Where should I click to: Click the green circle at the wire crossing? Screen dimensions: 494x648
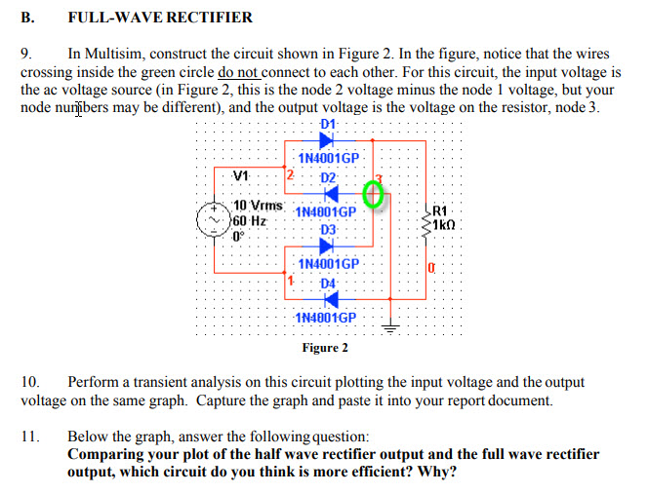click(x=372, y=195)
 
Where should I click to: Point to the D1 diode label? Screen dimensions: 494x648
click(x=327, y=124)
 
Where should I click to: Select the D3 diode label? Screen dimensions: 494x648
click(x=327, y=229)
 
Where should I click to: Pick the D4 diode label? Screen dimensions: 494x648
click(x=327, y=283)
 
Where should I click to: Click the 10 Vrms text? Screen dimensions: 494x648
click(x=259, y=207)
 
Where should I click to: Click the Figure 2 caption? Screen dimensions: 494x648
click(x=325, y=348)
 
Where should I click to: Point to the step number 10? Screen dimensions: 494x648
click(x=29, y=383)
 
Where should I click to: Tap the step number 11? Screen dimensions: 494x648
click(x=29, y=437)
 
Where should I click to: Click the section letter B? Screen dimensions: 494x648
click(x=26, y=17)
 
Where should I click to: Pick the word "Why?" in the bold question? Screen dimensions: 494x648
click(x=435, y=472)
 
